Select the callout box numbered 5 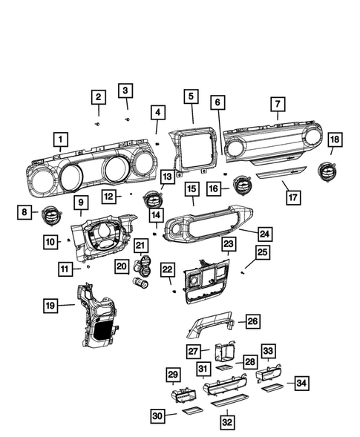(x=191, y=96)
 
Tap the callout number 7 (x=278, y=104)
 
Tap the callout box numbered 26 (x=253, y=321)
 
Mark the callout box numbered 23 (x=229, y=243)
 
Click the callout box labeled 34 (x=301, y=383)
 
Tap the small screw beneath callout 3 (x=127, y=118)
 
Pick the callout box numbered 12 (x=109, y=197)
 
